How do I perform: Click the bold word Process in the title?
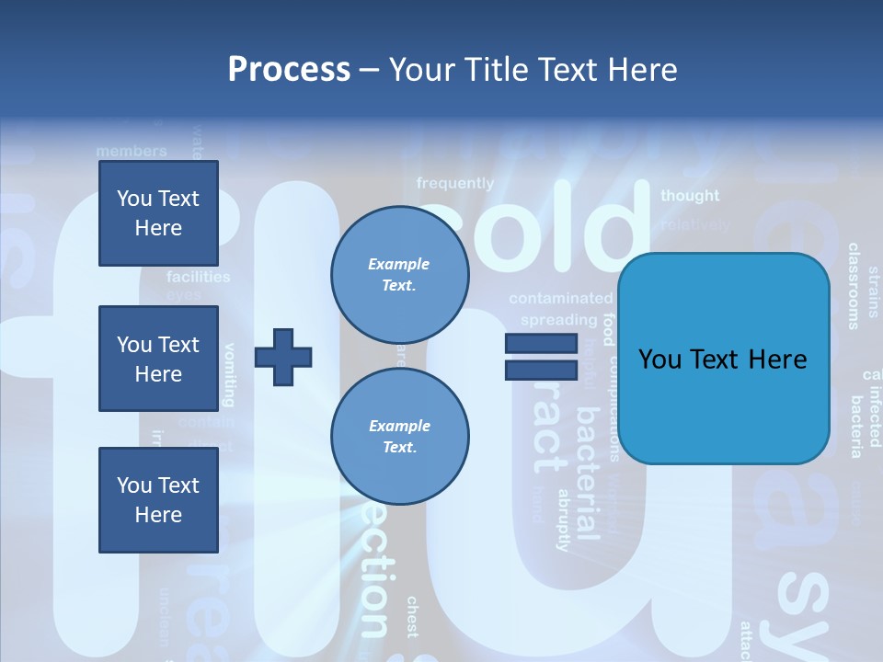click(x=289, y=70)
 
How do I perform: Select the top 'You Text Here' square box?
click(x=158, y=213)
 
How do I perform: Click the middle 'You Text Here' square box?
click(x=158, y=359)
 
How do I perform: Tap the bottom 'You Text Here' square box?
click(x=158, y=500)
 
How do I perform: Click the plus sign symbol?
click(x=283, y=358)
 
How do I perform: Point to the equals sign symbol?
click(x=541, y=358)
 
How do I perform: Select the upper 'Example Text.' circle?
click(x=399, y=275)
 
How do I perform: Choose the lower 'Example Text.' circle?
click(x=399, y=437)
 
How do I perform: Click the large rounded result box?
click(x=723, y=359)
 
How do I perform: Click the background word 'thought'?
click(x=690, y=196)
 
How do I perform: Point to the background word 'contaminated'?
click(x=560, y=299)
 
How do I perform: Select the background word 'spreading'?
click(x=558, y=320)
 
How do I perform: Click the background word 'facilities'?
click(x=199, y=277)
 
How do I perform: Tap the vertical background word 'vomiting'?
click(x=230, y=374)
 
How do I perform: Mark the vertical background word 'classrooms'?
click(x=854, y=286)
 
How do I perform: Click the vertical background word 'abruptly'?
click(x=564, y=519)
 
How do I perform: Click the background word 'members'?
click(x=132, y=151)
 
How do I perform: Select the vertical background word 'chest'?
click(x=412, y=616)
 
